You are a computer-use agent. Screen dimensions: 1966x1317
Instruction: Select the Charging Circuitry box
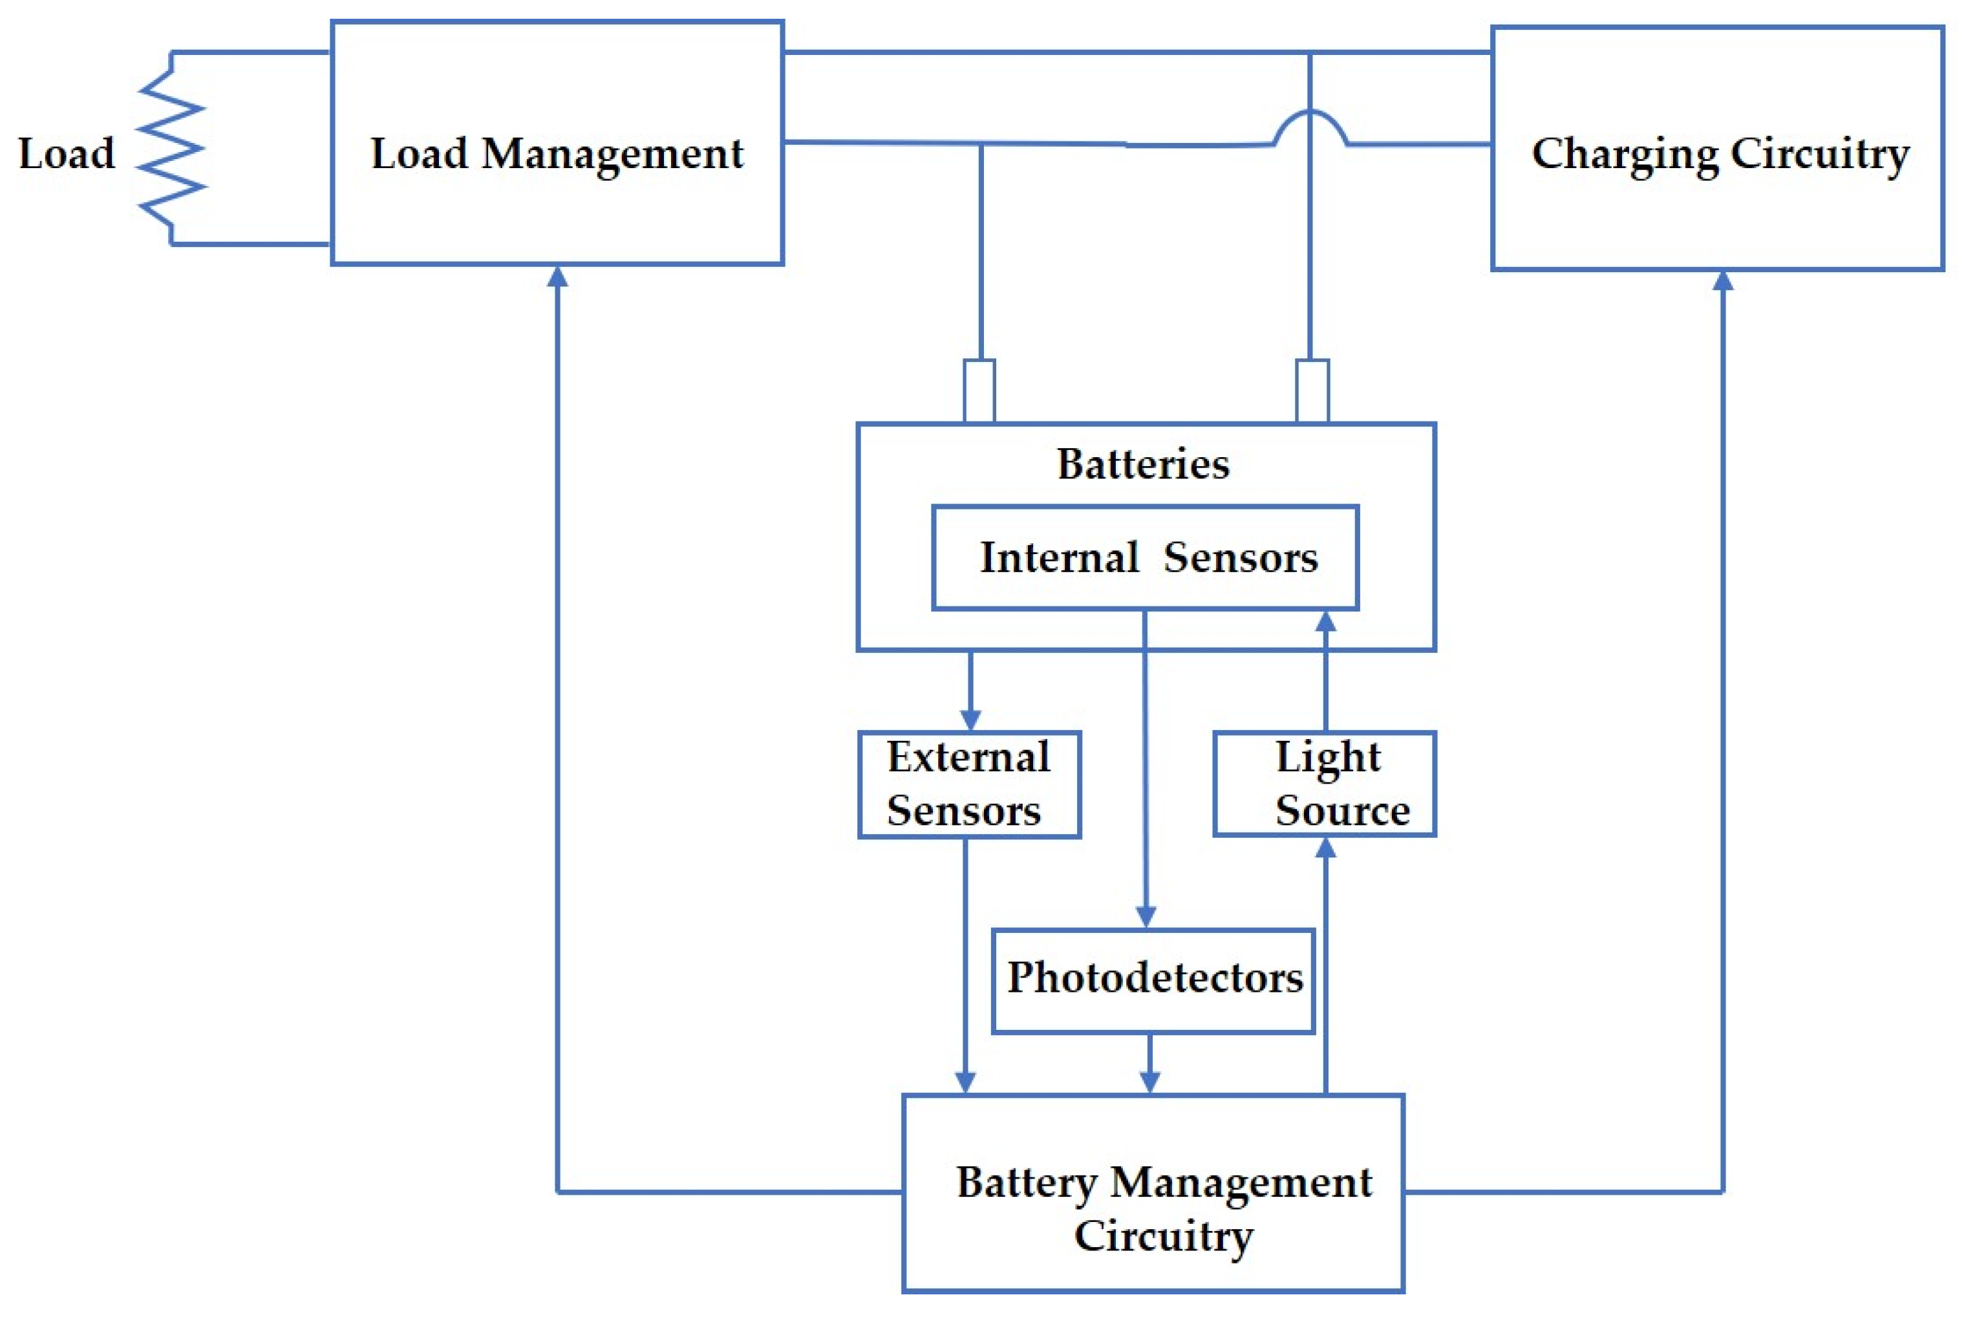1717,148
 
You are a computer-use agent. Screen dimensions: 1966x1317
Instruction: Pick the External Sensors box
969,784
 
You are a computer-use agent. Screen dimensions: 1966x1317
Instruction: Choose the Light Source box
1325,784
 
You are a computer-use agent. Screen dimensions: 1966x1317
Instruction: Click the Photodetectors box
1153,980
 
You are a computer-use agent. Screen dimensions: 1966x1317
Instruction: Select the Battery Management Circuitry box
1153,1193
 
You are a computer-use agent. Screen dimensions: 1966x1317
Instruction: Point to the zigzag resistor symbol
171,149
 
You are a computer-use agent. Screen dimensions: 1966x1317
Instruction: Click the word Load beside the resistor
67,154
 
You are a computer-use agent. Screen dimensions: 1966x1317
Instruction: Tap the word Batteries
1143,464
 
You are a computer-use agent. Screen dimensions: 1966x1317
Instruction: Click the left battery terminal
979,391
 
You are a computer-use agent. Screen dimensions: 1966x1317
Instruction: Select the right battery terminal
1312,391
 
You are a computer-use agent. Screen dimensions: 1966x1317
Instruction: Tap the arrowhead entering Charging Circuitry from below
1722,281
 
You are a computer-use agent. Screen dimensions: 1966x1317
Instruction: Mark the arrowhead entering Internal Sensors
1325,621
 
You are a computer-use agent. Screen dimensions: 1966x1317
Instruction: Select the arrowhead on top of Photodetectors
1146,917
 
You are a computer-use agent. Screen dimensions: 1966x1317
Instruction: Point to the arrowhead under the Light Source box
1325,848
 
